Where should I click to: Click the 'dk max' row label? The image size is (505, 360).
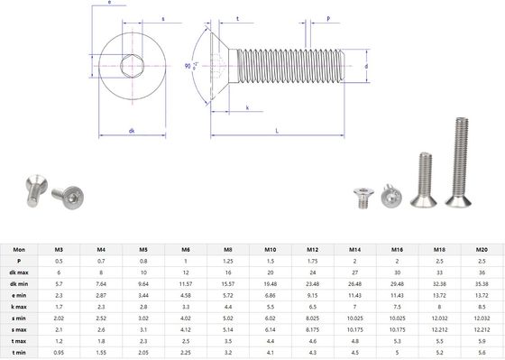pyautogui.click(x=19, y=271)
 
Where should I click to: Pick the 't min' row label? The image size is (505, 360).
pyautogui.click(x=19, y=354)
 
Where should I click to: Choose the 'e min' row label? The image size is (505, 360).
pyautogui.click(x=19, y=294)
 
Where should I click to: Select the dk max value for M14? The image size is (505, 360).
pyautogui.click(x=353, y=271)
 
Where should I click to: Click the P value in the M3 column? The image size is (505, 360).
pyautogui.click(x=59, y=259)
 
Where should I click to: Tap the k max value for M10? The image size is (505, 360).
pyautogui.click(x=270, y=306)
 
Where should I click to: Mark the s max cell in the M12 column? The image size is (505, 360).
pyautogui.click(x=312, y=330)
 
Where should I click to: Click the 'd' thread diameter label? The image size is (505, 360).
pyautogui.click(x=368, y=67)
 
